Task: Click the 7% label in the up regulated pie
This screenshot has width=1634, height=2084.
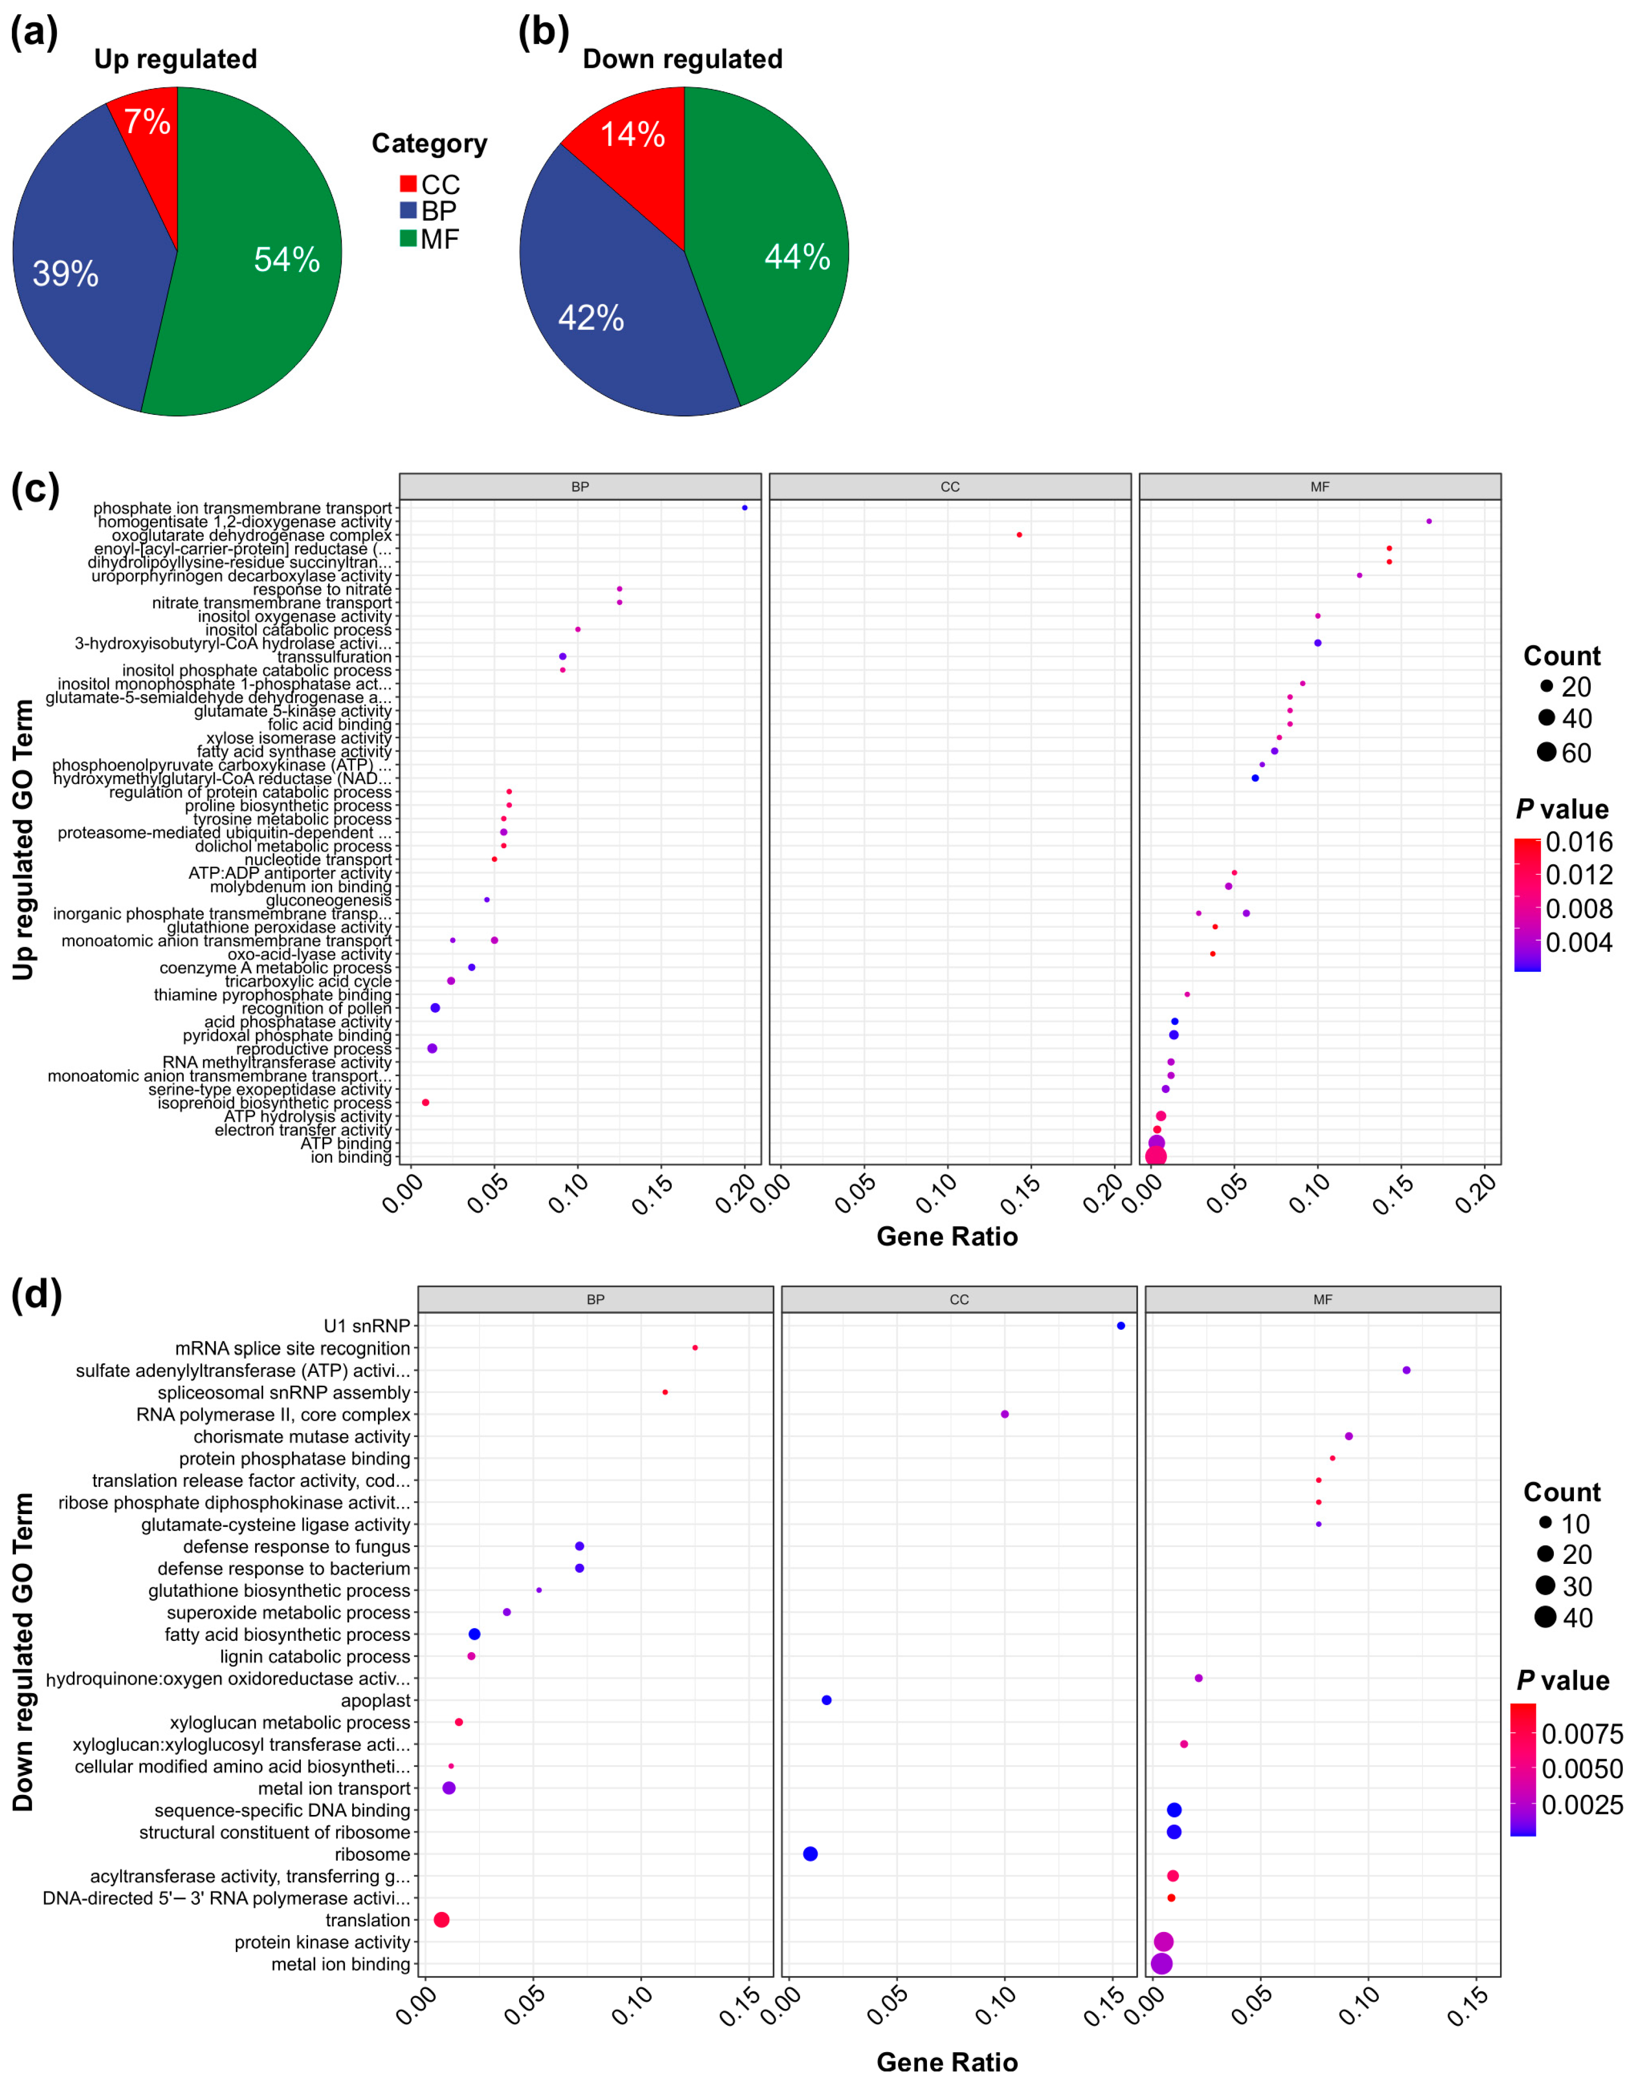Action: (146, 122)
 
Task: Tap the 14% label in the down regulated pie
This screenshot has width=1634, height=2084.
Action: (632, 134)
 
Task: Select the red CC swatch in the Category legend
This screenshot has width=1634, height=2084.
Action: (409, 184)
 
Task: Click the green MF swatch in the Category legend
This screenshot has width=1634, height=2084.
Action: (409, 238)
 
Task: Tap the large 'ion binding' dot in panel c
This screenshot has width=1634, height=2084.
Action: (1156, 1156)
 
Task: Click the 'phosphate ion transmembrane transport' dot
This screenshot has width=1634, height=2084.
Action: (744, 508)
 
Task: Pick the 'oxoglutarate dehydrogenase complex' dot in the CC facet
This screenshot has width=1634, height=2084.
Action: (1019, 534)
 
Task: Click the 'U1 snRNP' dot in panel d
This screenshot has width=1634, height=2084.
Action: (1120, 1326)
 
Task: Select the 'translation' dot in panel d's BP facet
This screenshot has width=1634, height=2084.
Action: (441, 1920)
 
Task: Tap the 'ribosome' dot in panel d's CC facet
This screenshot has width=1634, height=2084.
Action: (810, 1853)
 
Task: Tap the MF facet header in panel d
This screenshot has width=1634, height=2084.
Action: (1322, 1300)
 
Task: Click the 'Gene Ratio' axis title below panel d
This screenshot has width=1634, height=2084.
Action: (946, 2061)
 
